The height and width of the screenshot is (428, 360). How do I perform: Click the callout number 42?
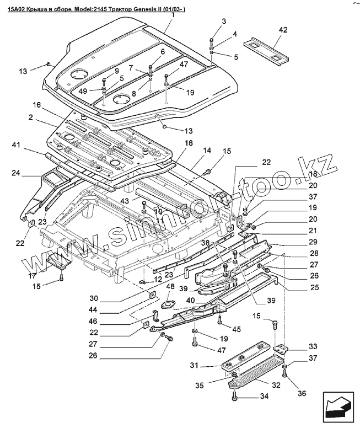pyautogui.click(x=283, y=30)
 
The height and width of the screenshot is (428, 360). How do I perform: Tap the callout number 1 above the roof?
pyautogui.click(x=173, y=15)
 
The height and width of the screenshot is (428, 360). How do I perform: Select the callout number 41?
pyautogui.click(x=17, y=144)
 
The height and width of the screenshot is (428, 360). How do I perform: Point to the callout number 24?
pyautogui.click(x=16, y=173)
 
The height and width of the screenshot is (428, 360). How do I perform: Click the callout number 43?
pyautogui.click(x=124, y=201)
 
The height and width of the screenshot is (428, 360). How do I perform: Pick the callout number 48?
pyautogui.click(x=170, y=286)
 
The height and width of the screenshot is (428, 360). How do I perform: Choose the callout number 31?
pyautogui.click(x=194, y=365)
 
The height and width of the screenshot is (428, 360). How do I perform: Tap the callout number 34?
pyautogui.click(x=264, y=396)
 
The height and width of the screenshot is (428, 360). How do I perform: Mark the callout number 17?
pyautogui.click(x=32, y=276)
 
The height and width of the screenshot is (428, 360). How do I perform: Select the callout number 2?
pyautogui.click(x=30, y=117)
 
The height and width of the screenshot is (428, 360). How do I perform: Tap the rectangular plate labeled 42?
pyautogui.click(x=266, y=52)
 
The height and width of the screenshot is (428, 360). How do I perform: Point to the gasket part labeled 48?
pyautogui.click(x=166, y=305)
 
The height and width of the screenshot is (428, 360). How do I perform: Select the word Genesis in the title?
pyautogui.click(x=144, y=9)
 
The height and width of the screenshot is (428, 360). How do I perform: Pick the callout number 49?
pyautogui.click(x=83, y=91)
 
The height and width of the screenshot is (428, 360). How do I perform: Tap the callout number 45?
pyautogui.click(x=237, y=329)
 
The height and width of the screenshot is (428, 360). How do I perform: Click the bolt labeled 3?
pyautogui.click(x=211, y=41)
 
